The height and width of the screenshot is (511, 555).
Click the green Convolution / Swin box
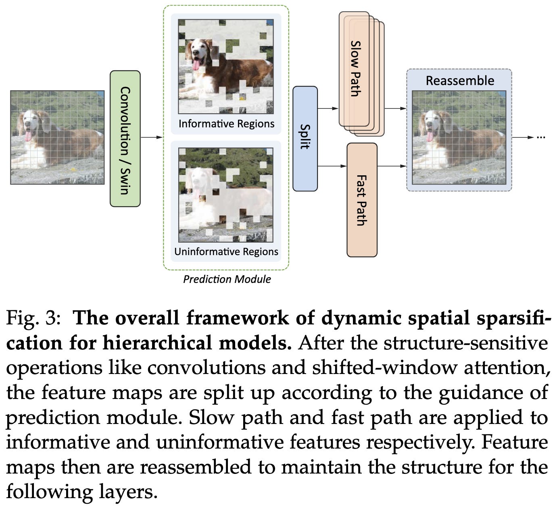click(x=125, y=139)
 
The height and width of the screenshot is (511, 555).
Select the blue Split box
click(x=305, y=139)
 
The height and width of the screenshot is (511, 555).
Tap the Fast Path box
click(x=362, y=200)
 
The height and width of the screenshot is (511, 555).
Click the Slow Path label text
click(x=355, y=69)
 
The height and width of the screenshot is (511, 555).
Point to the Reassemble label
click(x=460, y=81)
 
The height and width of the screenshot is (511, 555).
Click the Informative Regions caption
click(x=226, y=124)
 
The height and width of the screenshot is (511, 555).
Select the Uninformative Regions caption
click(x=226, y=251)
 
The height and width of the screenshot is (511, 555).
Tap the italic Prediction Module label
click(x=227, y=279)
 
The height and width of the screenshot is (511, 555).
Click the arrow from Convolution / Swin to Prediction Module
click(x=152, y=137)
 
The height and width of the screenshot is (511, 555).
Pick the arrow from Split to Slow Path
click(x=328, y=108)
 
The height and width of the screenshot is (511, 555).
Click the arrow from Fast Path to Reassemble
click(x=392, y=166)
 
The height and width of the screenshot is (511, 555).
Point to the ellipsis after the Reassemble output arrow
click(x=541, y=137)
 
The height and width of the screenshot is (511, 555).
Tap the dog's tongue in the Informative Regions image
click(x=196, y=64)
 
